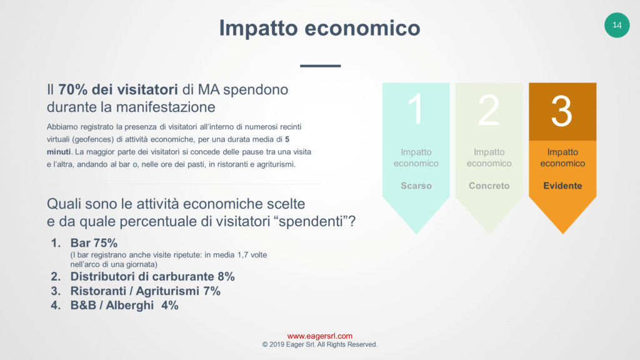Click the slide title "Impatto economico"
tap(319, 28)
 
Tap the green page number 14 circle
tap(617, 25)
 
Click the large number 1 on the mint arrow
tap(416, 109)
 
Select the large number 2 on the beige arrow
tap(489, 110)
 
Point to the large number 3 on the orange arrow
tap(562, 111)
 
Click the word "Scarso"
tap(416, 186)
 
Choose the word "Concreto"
tap(489, 186)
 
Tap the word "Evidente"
tap(562, 186)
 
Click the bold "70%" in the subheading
tap(72, 89)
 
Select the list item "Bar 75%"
tap(94, 243)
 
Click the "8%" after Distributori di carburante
tap(226, 277)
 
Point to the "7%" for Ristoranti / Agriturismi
tap(212, 291)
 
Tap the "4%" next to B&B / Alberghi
tap(170, 305)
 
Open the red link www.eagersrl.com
tap(319, 336)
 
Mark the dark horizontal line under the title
tap(321, 66)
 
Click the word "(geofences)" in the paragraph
tap(92, 139)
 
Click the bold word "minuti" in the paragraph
tap(58, 152)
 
